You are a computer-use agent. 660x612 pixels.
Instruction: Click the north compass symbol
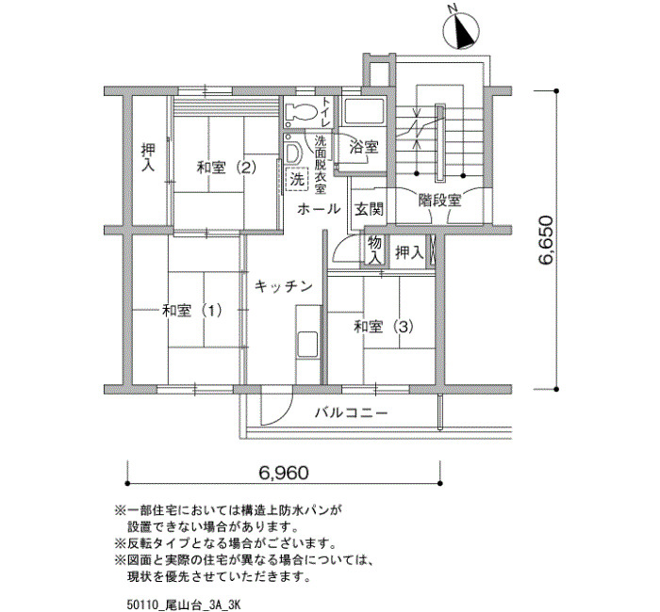click(461, 31)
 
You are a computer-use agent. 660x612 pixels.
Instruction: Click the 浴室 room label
click(364, 147)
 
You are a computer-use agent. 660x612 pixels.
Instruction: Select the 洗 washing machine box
click(297, 180)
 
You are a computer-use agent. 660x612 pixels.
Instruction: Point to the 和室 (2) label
click(226, 169)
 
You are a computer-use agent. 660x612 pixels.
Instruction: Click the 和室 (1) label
click(192, 311)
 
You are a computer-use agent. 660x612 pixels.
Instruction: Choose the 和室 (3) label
click(384, 326)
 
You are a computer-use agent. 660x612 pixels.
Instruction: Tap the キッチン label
click(284, 286)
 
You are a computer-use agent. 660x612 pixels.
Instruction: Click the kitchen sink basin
click(307, 345)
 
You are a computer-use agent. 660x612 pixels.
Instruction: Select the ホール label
click(319, 208)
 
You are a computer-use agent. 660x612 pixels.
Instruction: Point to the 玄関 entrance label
click(369, 209)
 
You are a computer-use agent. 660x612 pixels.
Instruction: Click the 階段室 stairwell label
click(440, 200)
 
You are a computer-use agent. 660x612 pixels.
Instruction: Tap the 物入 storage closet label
click(374, 250)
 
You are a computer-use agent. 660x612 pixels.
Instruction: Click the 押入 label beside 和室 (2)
click(148, 157)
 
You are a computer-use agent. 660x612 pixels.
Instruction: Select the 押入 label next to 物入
click(409, 252)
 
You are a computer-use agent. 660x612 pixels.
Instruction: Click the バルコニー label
click(352, 412)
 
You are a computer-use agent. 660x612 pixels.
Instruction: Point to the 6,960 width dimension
click(284, 473)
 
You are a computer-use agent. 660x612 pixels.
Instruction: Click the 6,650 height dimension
click(546, 240)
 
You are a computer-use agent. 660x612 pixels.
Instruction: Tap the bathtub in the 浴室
click(362, 111)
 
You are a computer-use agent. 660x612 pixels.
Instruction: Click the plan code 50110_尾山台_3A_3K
click(183, 605)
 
